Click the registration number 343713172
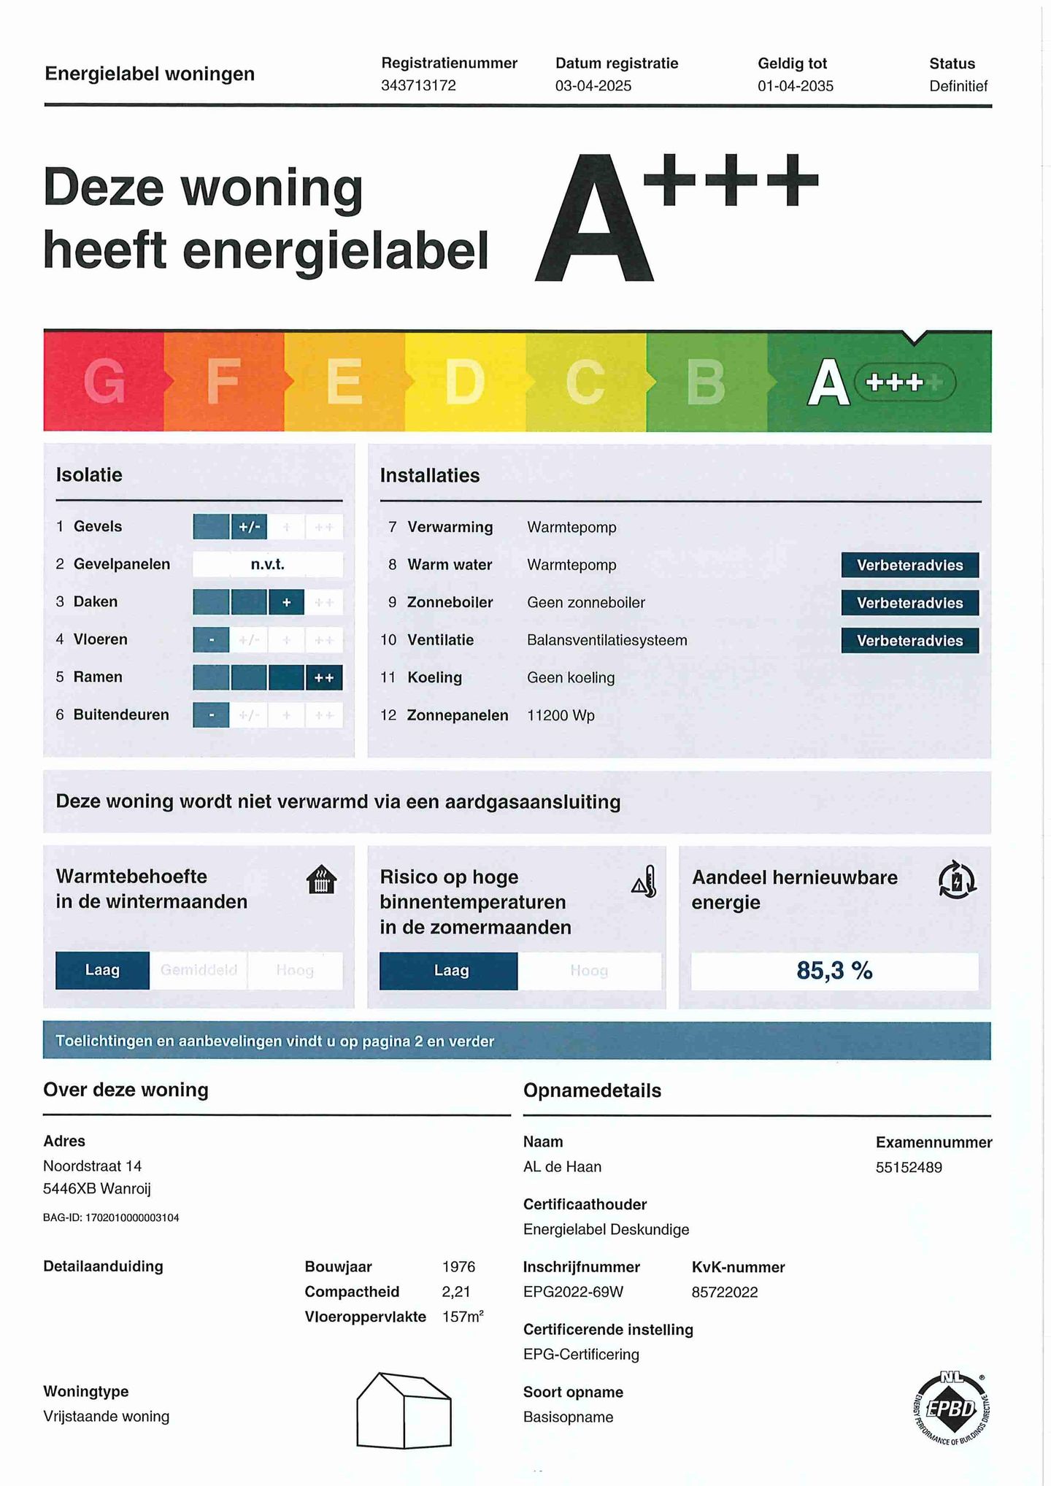click(x=418, y=85)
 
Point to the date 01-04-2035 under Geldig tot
click(x=795, y=86)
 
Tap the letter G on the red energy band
click(x=104, y=382)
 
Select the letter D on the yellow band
click(x=464, y=382)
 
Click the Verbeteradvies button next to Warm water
click(x=909, y=565)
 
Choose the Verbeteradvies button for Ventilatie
click(x=909, y=640)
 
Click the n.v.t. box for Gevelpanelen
click(x=267, y=564)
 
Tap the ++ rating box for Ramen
click(x=324, y=677)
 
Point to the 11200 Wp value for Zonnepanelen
click(x=561, y=715)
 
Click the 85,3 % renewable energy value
click(x=834, y=971)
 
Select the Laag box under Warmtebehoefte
click(x=102, y=970)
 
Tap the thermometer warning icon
click(x=645, y=882)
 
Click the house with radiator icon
click(x=321, y=879)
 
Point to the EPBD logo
click(x=951, y=1408)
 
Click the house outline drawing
click(x=404, y=1410)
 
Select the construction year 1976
click(x=458, y=1266)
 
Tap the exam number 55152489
click(x=909, y=1167)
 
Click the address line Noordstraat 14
click(x=92, y=1166)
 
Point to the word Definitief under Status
click(x=958, y=86)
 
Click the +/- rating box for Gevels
click(x=249, y=526)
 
